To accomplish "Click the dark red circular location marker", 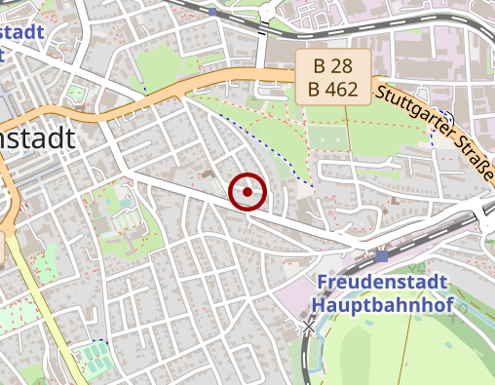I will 247,192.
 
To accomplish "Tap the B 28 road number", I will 332,67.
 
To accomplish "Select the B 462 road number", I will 332,90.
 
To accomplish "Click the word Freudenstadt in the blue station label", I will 383,283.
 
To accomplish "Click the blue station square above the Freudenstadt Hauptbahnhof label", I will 380,256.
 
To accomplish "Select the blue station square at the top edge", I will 211,12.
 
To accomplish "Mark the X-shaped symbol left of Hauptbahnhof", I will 310,323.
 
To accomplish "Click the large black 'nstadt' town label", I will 37,138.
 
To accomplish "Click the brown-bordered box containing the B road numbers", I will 332,78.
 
